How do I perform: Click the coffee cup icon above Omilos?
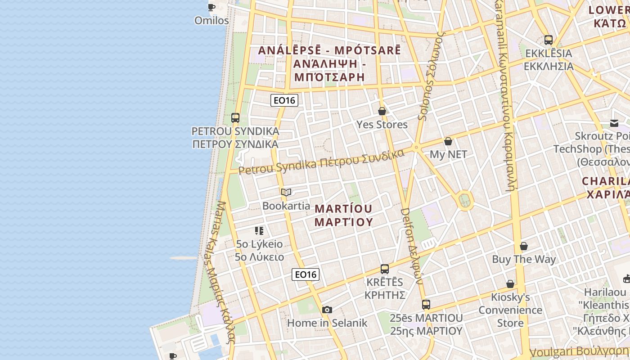[211, 7]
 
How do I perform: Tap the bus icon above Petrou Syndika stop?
[235, 118]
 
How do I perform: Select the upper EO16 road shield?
[284, 100]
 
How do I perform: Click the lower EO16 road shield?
[306, 274]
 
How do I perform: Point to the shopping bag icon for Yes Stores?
[382, 111]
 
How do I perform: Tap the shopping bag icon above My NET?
[448, 141]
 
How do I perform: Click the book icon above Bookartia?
[286, 193]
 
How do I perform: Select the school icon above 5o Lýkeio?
[259, 231]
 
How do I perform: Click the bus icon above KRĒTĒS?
[385, 269]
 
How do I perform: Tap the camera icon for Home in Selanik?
[327, 310]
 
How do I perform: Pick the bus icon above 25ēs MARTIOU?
[426, 305]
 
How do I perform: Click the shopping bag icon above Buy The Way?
[524, 246]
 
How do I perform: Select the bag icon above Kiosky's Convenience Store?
[510, 284]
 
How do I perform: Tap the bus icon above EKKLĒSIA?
[548, 40]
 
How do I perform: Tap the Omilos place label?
[211, 21]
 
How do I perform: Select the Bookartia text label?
[286, 206]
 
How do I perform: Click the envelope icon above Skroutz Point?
[614, 123]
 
